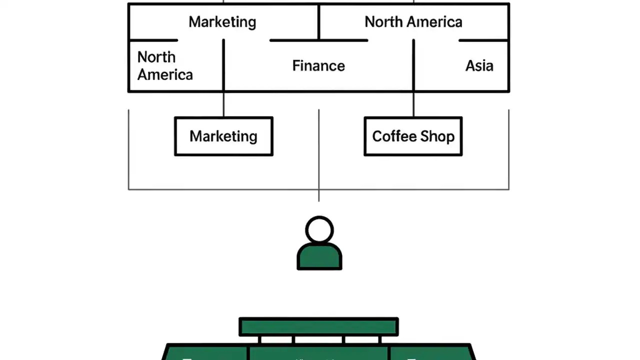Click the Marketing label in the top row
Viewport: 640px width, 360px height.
(x=222, y=22)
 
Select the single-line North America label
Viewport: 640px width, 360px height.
(x=413, y=22)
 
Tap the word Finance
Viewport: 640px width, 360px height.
(x=318, y=66)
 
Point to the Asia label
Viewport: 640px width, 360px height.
(x=479, y=66)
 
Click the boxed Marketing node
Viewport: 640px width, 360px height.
(x=223, y=136)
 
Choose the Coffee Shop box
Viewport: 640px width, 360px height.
(x=413, y=136)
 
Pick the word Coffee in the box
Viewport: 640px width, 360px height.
(x=394, y=136)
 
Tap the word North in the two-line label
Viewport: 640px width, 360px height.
(x=156, y=57)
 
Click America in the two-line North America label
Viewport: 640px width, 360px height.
(x=165, y=75)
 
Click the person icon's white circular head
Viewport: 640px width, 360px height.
(x=319, y=230)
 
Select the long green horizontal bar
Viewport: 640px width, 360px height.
(x=318, y=327)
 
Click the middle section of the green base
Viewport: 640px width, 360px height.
(x=318, y=352)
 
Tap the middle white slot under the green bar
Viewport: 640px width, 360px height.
(x=318, y=340)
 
